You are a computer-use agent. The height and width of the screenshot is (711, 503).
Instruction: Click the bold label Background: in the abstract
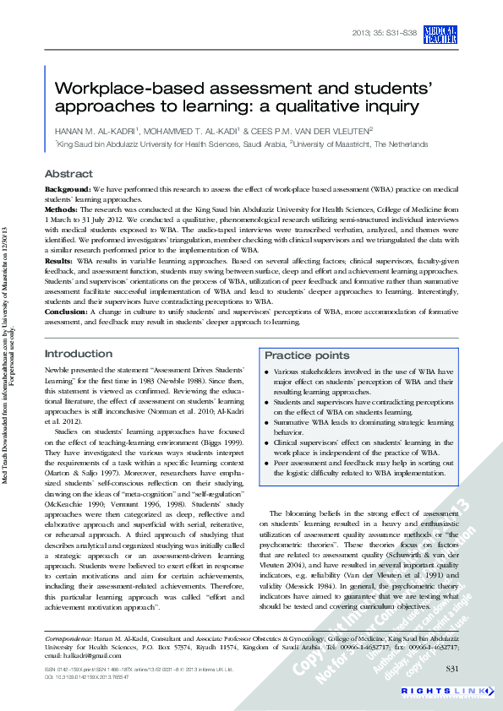(68, 190)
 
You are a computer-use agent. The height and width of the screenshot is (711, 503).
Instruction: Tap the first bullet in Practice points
(267, 372)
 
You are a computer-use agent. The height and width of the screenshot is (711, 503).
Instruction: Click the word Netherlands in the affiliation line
(402, 144)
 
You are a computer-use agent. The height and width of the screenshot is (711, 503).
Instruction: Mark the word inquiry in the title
(392, 106)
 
